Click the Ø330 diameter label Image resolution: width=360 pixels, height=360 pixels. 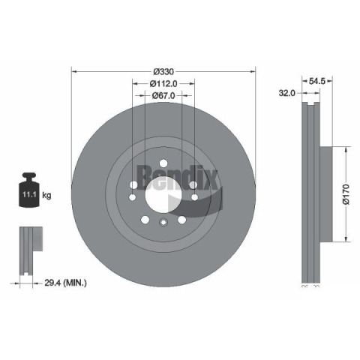pos(163,72)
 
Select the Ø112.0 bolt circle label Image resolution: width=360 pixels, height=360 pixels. pos(163,83)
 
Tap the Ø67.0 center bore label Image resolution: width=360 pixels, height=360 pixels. pos(163,95)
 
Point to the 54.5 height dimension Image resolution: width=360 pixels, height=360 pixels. pos(317,81)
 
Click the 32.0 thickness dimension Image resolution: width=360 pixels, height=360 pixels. pos(287,93)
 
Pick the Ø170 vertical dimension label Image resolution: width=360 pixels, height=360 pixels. pos(346,194)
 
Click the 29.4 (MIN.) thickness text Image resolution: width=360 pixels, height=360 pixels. pos(65,283)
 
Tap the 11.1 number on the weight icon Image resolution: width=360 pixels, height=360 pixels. pos(29,194)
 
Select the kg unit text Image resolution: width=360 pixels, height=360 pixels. pos(46,195)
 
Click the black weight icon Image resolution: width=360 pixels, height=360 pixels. pos(29,190)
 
